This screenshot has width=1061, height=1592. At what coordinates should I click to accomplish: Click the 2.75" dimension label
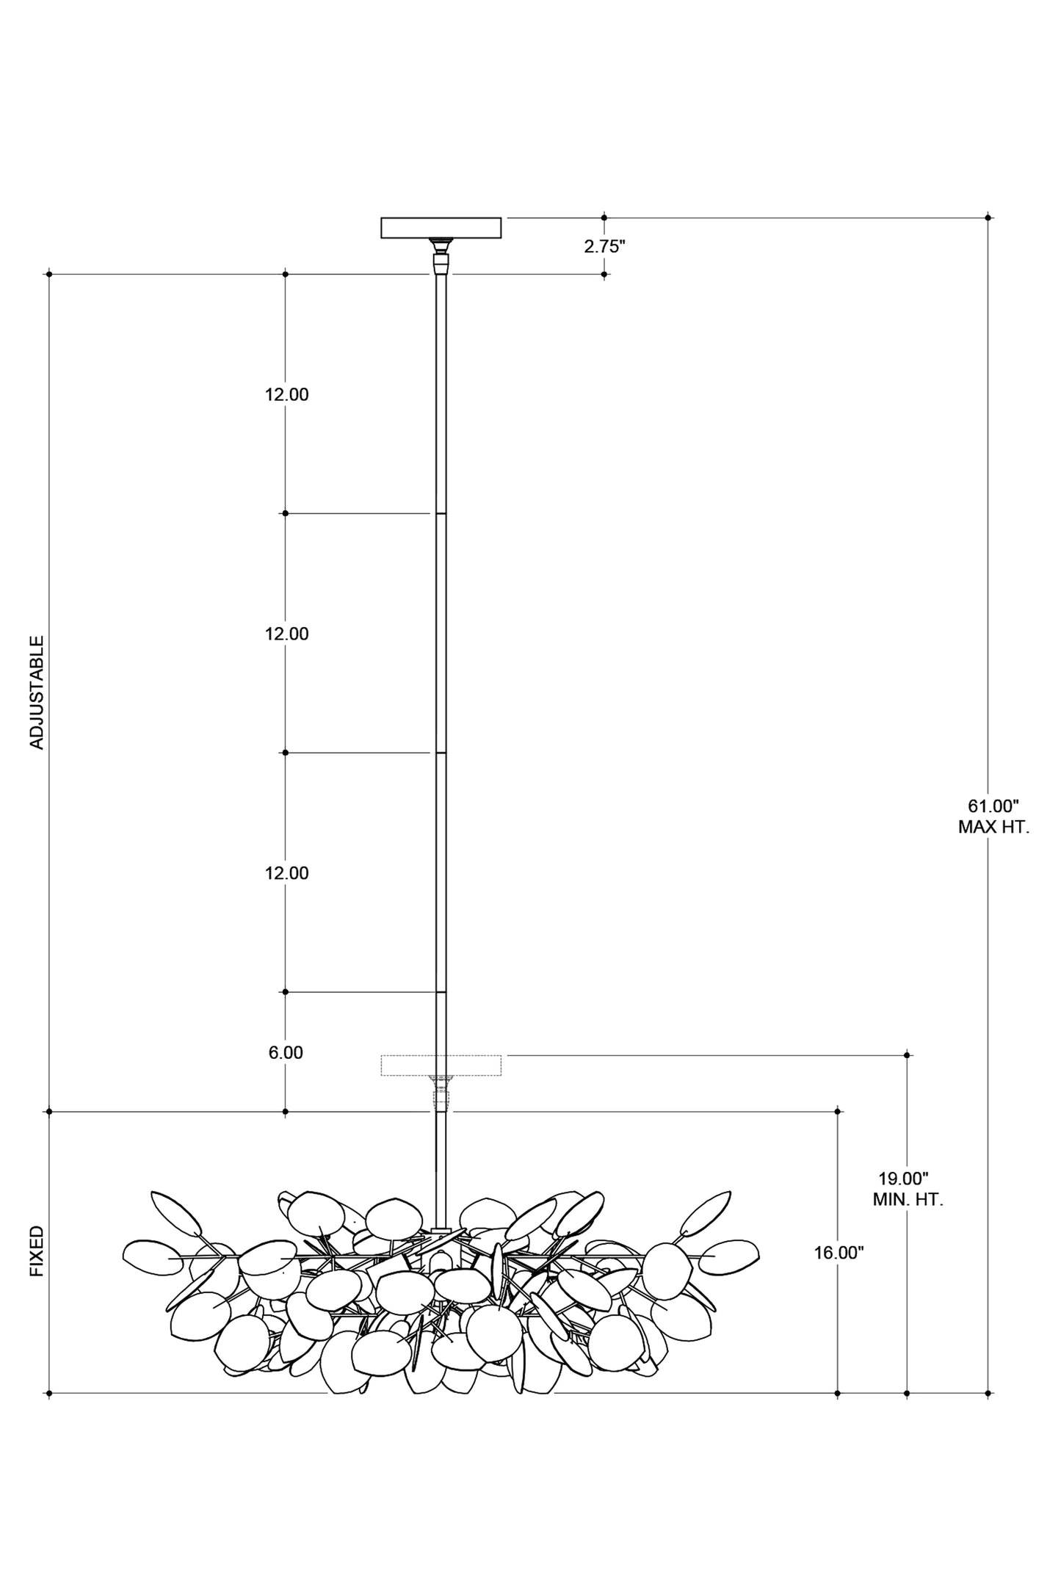click(x=604, y=247)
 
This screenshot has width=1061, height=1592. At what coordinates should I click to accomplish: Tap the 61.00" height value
click(x=993, y=806)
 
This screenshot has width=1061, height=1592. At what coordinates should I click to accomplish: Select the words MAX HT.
click(x=993, y=828)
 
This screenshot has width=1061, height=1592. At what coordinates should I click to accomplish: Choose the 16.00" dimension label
click(x=839, y=1253)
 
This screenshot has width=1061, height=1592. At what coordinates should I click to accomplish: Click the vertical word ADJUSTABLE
click(x=37, y=692)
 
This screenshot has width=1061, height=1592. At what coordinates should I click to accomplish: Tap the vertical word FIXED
click(x=37, y=1251)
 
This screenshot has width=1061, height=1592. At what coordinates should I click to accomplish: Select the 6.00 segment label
click(x=286, y=1053)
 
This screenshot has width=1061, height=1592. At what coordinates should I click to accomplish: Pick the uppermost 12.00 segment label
click(x=287, y=395)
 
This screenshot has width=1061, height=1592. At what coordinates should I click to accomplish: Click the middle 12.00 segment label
click(x=287, y=634)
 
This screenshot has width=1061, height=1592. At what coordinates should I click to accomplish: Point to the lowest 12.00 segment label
click(x=287, y=874)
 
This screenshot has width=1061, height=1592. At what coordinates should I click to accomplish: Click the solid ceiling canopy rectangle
click(x=441, y=228)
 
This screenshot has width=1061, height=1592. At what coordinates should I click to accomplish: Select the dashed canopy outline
click(x=441, y=1065)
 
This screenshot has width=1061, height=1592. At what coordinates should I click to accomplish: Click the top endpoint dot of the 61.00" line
click(x=988, y=217)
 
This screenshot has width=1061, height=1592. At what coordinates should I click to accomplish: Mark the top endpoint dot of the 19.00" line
click(x=908, y=1055)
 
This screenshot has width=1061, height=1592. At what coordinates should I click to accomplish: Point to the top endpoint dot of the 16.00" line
click(x=838, y=1112)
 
